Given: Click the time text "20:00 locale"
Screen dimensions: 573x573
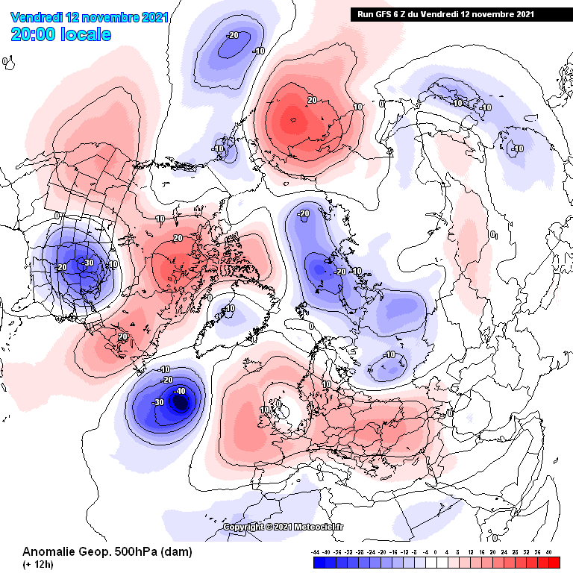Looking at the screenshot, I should point(61,34).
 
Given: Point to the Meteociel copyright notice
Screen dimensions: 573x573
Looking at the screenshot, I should point(284,527).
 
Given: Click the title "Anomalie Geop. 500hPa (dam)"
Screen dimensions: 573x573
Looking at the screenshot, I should point(107,552).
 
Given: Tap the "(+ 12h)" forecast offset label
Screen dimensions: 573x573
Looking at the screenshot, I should point(37,563).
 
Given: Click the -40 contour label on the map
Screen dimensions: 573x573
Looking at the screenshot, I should point(179,391).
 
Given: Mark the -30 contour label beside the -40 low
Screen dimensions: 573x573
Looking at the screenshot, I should point(158,402).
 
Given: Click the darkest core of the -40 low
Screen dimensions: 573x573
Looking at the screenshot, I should point(180,403).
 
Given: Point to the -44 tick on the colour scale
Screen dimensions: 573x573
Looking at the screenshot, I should point(316,551).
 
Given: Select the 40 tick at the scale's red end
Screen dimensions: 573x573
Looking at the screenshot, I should point(548,551).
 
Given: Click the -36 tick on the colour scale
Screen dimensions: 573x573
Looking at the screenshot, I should point(338,551).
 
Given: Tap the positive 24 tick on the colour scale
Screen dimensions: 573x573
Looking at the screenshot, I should point(504,551).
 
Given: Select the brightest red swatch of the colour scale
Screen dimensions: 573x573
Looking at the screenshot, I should point(554,563).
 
